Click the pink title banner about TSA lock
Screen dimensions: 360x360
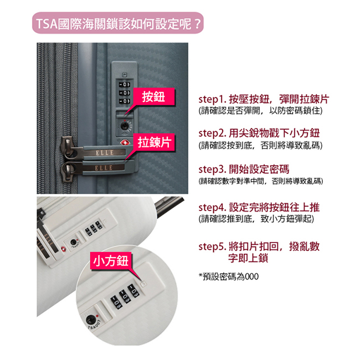tap(118, 23)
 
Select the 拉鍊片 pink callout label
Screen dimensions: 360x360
tap(154, 142)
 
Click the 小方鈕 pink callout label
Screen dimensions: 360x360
tap(111, 261)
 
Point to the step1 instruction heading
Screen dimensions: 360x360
tap(264, 99)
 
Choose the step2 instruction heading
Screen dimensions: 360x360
tap(259, 133)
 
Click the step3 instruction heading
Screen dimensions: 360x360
tap(244, 169)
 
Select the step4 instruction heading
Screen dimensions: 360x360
tap(259, 207)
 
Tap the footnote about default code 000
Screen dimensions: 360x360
tap(229, 276)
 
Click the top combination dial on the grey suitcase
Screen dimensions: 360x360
tap(124, 85)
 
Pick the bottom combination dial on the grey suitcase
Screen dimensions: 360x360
tap(124, 101)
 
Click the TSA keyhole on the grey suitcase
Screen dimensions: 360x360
tap(125, 126)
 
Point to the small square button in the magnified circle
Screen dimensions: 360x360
tap(143, 284)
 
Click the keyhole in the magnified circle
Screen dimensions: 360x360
tap(90, 320)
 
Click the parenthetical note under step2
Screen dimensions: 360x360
tap(260, 145)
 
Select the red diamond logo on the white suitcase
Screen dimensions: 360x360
tap(63, 249)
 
